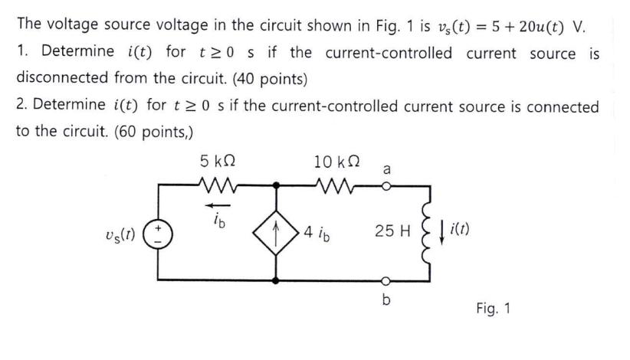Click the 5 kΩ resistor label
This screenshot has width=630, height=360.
(219, 162)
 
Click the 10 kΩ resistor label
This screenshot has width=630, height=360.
(334, 162)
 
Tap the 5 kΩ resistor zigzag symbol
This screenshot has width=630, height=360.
(219, 185)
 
